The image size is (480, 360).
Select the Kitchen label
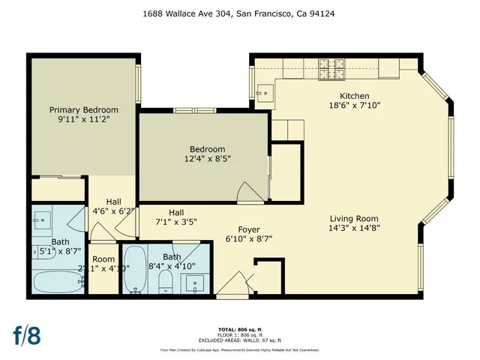[x=355, y=96]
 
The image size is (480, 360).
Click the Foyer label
[x=249, y=229]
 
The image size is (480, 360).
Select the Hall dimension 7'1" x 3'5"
[x=176, y=222]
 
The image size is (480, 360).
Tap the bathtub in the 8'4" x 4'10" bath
[x=136, y=271]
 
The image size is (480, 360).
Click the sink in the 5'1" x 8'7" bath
[x=42, y=221]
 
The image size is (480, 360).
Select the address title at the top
[x=239, y=12]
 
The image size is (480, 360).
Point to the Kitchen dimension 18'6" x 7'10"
[x=355, y=106]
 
